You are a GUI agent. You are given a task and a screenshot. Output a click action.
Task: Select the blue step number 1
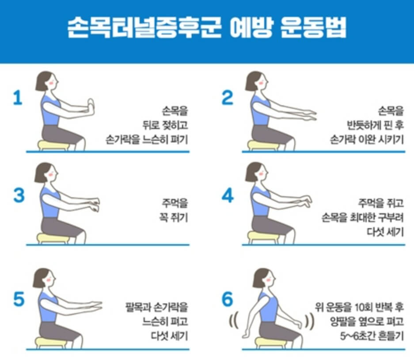[x=18, y=98]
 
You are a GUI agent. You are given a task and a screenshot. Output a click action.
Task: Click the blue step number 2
[x=227, y=98]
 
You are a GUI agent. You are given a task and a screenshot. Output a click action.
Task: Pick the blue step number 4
[x=228, y=195]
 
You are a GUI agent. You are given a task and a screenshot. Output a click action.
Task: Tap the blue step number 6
[x=227, y=299]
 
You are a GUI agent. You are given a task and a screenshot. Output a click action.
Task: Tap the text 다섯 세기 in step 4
[x=385, y=232]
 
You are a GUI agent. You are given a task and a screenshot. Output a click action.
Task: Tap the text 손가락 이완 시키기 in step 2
[x=366, y=139]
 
